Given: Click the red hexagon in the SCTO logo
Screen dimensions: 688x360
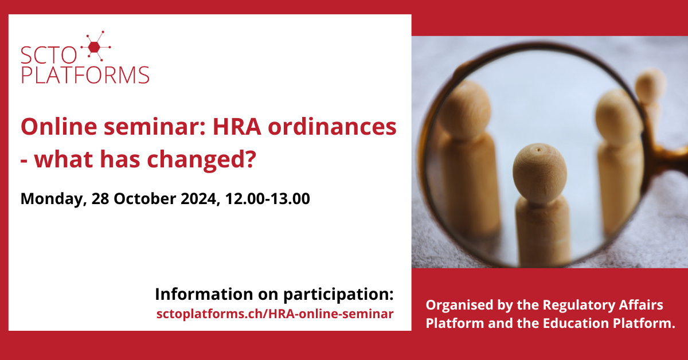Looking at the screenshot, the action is point(94,48).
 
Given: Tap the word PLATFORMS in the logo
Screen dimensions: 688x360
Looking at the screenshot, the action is point(85,75).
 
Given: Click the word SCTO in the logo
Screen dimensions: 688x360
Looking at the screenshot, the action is point(49,55).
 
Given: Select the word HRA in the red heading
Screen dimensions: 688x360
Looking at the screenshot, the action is point(237,127).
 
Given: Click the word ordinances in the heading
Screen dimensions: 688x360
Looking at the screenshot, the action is point(332,127).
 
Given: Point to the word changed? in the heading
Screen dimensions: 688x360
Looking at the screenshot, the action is point(201,160).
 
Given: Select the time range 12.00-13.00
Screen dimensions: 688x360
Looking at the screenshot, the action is point(267,198).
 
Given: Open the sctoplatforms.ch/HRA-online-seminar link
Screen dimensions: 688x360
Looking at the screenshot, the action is point(275,314).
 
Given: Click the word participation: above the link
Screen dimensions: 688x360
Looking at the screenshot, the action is point(338,295).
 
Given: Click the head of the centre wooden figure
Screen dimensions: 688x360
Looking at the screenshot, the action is point(540,173).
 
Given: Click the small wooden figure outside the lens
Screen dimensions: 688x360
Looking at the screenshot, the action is point(650,101).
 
